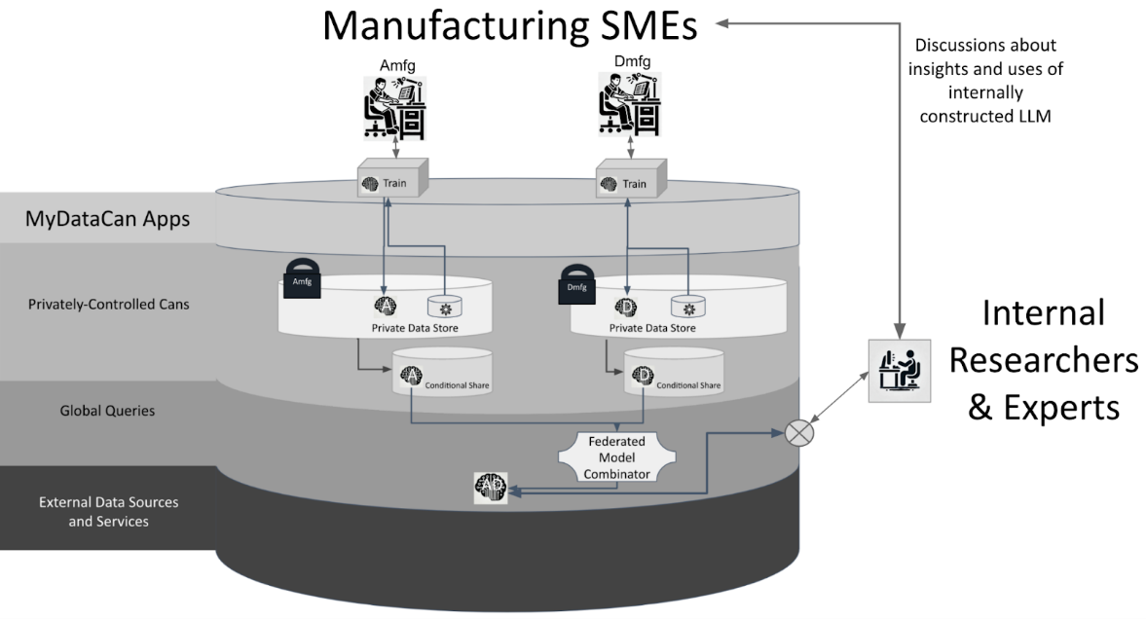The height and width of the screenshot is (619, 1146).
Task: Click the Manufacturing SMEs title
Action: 509,26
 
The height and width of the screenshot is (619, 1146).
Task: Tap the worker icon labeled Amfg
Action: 395,108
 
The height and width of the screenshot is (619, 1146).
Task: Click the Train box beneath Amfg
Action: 391,180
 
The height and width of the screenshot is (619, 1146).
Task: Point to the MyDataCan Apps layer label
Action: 107,220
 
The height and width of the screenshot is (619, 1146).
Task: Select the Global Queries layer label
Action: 107,411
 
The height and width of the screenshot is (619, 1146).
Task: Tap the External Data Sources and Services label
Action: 108,512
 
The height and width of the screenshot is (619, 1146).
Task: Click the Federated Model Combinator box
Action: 615,456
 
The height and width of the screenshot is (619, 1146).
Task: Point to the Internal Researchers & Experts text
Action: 1043,360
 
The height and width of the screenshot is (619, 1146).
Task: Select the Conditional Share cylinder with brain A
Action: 441,374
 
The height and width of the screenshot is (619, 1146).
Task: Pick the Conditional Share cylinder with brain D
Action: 673,374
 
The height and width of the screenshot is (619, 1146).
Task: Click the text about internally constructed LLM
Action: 984,81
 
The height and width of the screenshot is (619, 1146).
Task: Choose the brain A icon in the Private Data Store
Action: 385,305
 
